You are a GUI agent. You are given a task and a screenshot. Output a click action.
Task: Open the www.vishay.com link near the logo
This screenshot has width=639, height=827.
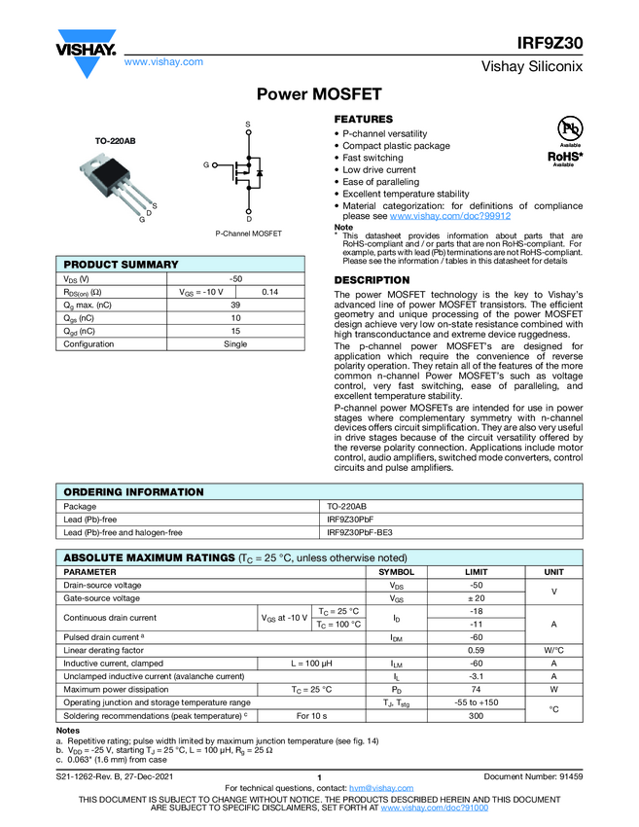point(163,61)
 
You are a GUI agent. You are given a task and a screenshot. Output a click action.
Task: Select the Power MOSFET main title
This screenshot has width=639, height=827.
point(318,94)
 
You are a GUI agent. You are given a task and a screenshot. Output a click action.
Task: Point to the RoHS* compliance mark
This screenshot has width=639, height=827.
point(566,155)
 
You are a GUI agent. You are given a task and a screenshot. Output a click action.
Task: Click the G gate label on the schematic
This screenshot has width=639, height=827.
point(206,165)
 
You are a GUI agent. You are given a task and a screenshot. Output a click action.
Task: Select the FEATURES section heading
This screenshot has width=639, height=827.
point(363,119)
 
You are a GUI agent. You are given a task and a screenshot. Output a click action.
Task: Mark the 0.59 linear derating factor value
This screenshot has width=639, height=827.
point(477,649)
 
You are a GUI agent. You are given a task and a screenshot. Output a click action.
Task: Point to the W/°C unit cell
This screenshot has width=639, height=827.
point(553,649)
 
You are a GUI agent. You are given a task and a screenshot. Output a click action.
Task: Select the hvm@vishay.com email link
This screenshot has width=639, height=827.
point(374,787)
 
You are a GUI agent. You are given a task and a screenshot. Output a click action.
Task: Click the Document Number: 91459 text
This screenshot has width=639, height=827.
point(533,775)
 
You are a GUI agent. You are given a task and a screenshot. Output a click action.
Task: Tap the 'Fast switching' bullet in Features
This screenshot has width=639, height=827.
point(373,158)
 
